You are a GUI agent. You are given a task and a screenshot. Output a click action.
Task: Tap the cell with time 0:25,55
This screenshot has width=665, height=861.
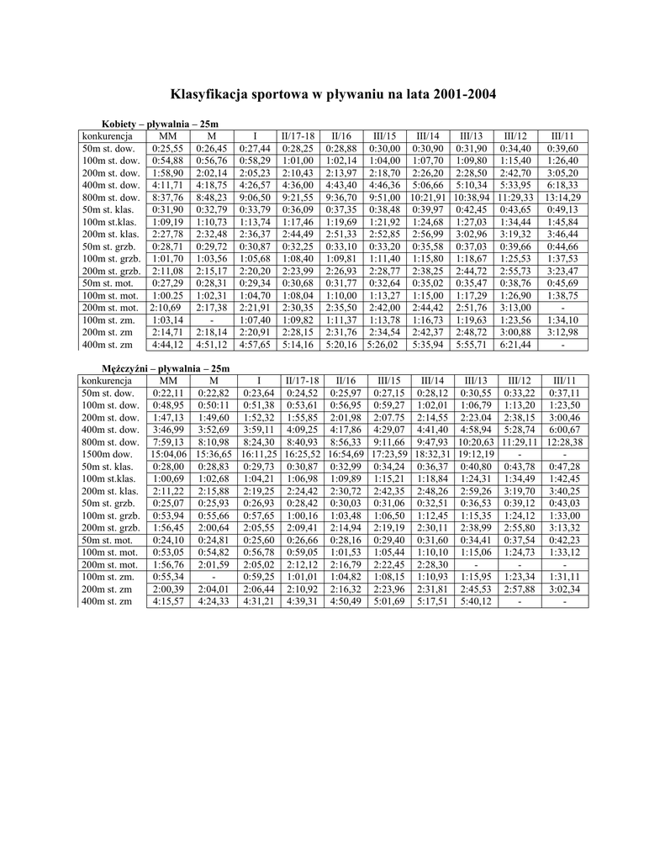(x=168, y=148)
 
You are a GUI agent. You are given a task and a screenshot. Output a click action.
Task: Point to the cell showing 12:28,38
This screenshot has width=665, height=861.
(x=564, y=442)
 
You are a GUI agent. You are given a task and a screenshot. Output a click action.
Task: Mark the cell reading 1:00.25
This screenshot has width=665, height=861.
(x=168, y=296)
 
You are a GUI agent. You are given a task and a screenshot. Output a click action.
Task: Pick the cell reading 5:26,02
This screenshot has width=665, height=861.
(x=383, y=345)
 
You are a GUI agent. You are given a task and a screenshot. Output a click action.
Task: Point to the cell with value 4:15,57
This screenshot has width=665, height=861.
(x=168, y=602)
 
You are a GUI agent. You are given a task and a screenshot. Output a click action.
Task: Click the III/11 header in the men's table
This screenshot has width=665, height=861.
(x=564, y=381)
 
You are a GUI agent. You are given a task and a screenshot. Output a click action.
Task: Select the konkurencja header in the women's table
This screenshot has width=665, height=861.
(x=105, y=136)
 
